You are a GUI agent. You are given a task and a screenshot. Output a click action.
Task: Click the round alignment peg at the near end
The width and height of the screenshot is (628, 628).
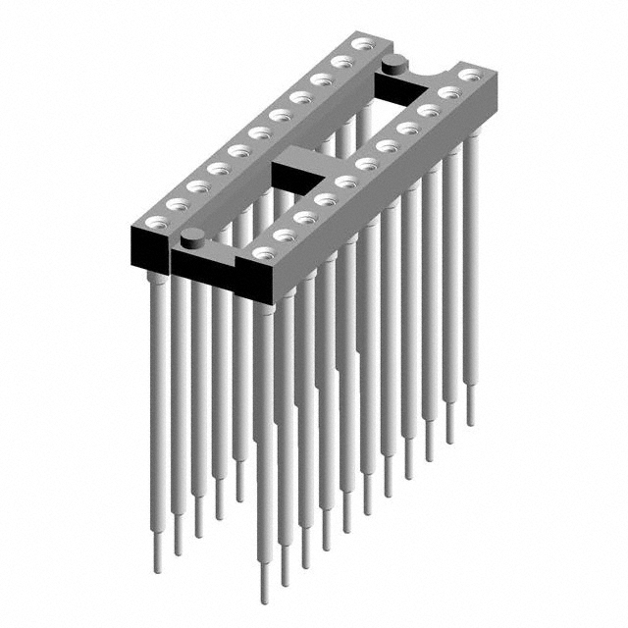194,235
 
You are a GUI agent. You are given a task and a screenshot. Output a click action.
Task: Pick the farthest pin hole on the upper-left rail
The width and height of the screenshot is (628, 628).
363,43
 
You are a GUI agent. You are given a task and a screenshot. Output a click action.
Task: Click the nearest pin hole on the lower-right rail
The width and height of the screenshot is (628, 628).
263,253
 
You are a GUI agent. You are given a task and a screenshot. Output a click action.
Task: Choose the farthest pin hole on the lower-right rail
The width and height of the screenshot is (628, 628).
470,74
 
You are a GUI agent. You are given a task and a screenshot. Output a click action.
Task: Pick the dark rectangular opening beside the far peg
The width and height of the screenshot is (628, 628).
402,89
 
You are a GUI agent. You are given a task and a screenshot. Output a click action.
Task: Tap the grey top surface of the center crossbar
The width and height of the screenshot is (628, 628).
304,157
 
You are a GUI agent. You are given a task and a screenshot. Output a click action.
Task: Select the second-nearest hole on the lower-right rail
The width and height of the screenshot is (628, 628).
285,235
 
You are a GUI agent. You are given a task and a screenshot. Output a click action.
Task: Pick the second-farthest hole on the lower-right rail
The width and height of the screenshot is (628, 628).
449,92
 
